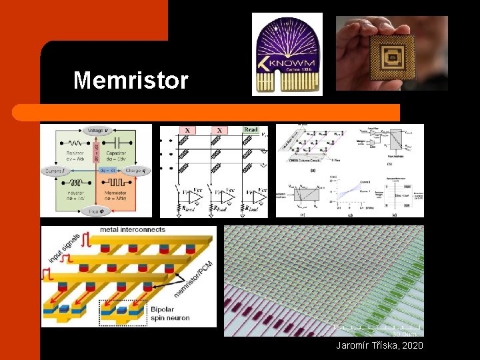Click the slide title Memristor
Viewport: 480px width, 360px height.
(131, 81)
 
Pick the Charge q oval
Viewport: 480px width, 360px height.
(137, 171)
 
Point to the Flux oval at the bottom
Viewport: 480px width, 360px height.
(96, 211)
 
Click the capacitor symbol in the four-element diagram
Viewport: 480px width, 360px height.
(121, 143)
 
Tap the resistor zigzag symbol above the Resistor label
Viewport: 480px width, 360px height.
(75, 143)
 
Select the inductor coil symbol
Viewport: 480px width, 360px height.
(75, 182)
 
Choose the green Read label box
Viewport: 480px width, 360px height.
(251, 130)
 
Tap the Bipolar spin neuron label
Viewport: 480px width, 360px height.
(169, 314)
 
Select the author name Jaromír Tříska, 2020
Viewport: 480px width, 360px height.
(379, 345)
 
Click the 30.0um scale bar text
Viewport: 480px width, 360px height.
(404, 334)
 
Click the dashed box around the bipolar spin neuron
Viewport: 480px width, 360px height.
(122, 313)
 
